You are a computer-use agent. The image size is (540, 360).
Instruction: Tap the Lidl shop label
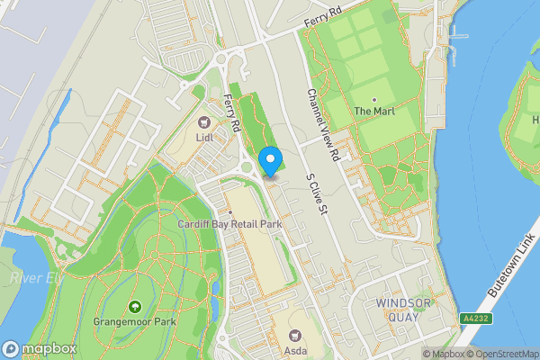tap(203, 138)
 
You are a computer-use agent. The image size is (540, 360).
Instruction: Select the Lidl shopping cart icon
tap(203, 122)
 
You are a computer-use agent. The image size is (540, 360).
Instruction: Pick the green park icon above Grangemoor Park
tap(135, 307)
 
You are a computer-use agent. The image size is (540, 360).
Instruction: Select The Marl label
tap(374, 112)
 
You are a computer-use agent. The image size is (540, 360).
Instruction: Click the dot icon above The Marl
tap(374, 99)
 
